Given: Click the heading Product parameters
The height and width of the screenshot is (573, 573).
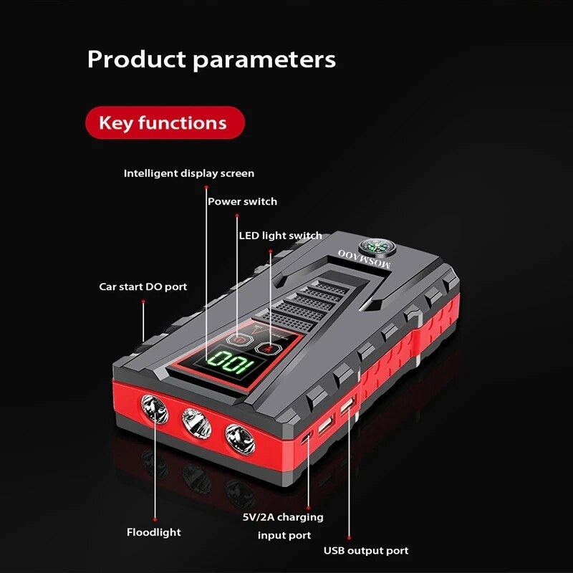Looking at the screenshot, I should (x=211, y=59).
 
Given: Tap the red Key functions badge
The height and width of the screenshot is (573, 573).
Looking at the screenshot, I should (x=163, y=122).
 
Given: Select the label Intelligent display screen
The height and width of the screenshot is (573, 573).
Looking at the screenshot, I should (x=188, y=173).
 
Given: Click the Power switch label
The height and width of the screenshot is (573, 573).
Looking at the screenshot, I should (x=242, y=201).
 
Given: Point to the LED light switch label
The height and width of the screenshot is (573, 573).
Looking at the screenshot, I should (x=280, y=236).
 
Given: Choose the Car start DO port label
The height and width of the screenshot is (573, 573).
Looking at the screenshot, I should (x=143, y=286).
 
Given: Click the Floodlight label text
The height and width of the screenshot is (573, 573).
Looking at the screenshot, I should (x=154, y=532).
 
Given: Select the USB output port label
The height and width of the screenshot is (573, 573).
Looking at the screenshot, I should (x=366, y=550).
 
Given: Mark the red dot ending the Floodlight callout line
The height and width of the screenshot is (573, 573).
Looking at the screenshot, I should (x=155, y=519).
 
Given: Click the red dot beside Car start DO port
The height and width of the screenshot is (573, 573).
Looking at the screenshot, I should (x=143, y=302).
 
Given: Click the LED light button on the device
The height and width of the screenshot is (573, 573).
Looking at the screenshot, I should (x=269, y=347).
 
